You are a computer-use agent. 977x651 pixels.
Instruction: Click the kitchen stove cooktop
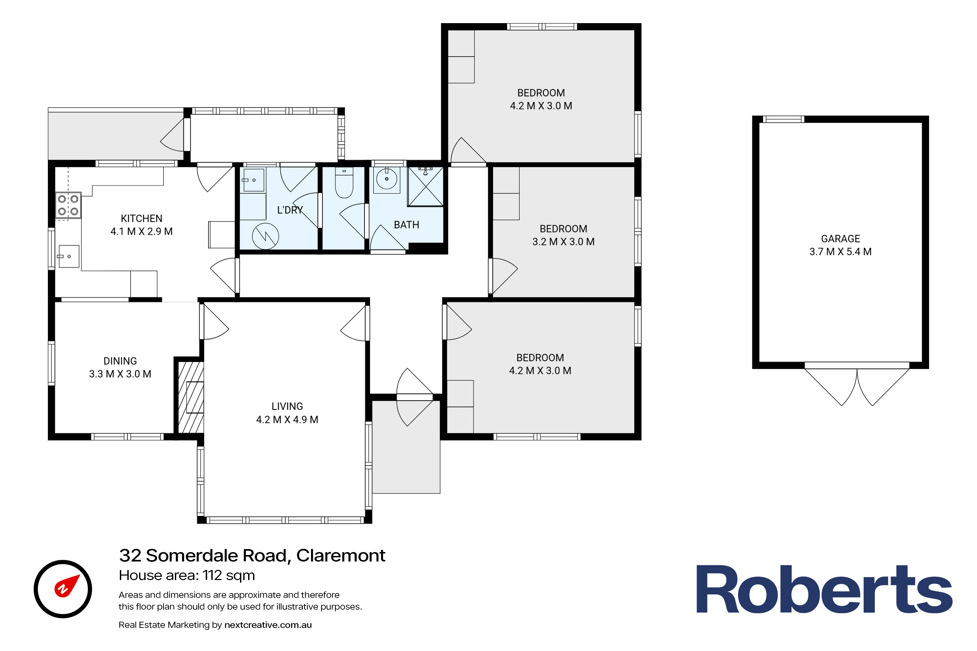click(68, 205)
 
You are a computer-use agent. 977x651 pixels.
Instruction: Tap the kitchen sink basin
click(68, 256)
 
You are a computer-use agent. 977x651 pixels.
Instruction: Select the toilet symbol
click(344, 183)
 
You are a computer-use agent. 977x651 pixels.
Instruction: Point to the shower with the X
click(426, 187)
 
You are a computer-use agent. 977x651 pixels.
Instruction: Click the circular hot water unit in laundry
click(265, 237)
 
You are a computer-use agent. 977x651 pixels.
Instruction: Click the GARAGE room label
click(840, 239)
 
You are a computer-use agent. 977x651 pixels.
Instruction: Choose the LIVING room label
click(287, 407)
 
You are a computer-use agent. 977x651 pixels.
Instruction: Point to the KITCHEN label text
click(141, 218)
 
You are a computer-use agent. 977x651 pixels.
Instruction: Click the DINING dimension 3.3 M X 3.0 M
click(120, 374)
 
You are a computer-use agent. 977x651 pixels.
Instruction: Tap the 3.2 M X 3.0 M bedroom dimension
click(563, 242)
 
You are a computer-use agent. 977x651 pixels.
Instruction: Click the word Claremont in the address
click(341, 556)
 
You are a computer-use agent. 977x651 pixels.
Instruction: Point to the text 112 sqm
click(229, 575)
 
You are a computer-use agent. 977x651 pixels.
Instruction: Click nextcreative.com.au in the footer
click(268, 625)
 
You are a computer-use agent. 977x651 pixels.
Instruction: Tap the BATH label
click(406, 225)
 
